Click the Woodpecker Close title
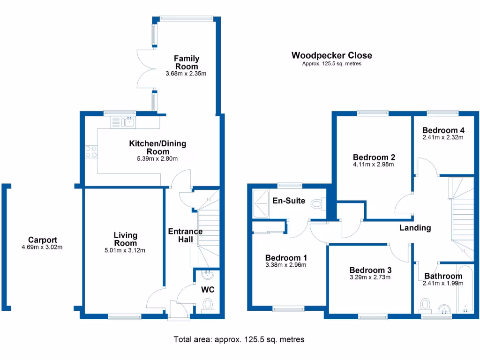coord(331,55)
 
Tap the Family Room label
coord(187,62)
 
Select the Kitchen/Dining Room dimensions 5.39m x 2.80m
coord(157,159)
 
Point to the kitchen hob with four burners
coord(91,151)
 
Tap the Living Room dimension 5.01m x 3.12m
coord(125,250)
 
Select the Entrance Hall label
coord(185,235)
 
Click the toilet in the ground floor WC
coord(208,306)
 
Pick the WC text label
coord(208,290)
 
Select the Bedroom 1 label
coord(286,258)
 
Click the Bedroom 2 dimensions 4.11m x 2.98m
coord(374,165)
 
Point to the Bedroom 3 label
coord(370,270)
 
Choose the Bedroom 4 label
coord(443,130)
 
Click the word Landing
coord(415,228)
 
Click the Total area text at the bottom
coord(239,339)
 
